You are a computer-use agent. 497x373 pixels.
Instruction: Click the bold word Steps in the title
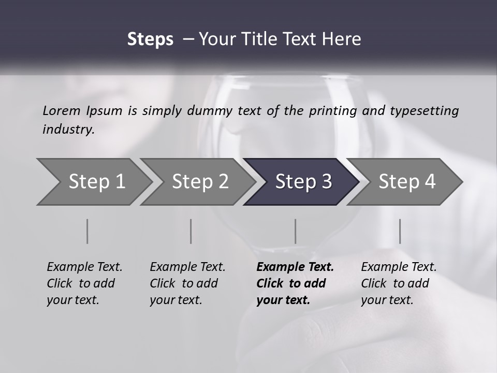150,39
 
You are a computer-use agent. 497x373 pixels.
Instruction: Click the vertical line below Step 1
87,231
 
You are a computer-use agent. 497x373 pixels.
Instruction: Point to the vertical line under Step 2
191,231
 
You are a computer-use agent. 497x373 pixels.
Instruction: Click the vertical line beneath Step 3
295,231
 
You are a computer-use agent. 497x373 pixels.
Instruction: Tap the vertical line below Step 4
400,231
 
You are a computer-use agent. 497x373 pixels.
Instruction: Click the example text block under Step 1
84,283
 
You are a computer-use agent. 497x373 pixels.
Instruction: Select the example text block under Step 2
187,283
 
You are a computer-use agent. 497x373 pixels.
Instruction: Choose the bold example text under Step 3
295,283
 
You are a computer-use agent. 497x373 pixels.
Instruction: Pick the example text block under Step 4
399,283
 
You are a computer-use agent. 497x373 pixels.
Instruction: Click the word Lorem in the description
62,111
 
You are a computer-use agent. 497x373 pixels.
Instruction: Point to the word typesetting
424,111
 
